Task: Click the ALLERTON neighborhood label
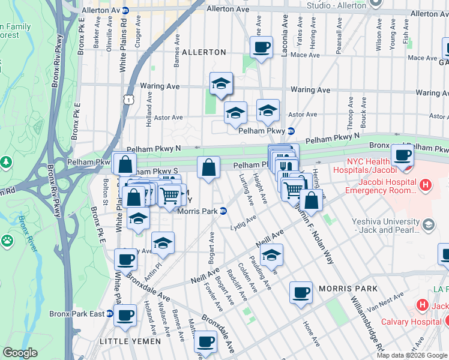point(203,52)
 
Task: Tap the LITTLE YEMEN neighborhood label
point(130,341)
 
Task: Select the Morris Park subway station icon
point(223,211)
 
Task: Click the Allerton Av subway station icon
point(125,10)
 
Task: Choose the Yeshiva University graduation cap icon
point(428,224)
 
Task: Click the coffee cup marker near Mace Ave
point(261,47)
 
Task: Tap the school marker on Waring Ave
point(221,84)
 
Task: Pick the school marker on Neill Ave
point(271,255)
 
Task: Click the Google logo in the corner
point(20,353)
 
